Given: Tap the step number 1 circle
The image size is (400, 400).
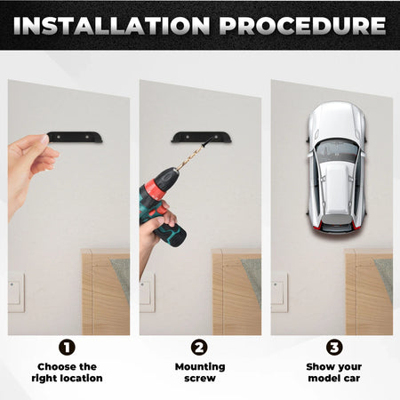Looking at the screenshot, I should coord(68,348).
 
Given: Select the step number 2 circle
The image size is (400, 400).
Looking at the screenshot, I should coord(200,348).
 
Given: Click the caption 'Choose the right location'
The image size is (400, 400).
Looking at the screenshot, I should coord(68,372).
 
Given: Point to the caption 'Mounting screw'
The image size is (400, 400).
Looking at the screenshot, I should coord(200,372).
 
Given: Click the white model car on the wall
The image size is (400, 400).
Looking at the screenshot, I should coord(333,169).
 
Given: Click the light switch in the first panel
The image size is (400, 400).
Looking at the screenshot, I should coord(16,292).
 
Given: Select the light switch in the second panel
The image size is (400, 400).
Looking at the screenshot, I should coord(147,292).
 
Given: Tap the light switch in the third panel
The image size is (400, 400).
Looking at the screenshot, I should coord(278,292).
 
